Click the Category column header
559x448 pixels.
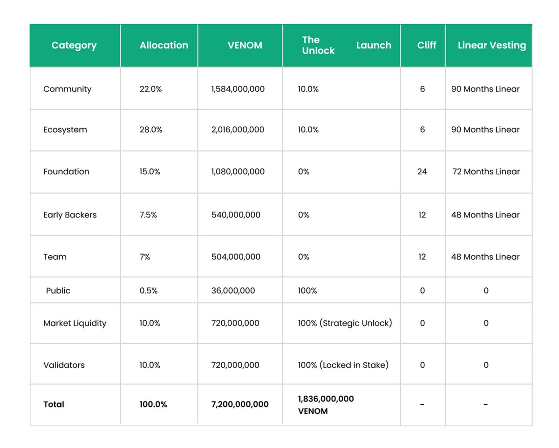pyautogui.click(x=74, y=46)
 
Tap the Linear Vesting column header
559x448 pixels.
pyautogui.click(x=491, y=46)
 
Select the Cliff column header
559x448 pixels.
pyautogui.click(x=427, y=46)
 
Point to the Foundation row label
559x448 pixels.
pyautogui.click(x=66, y=171)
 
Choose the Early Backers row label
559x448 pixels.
pyautogui.click(x=70, y=215)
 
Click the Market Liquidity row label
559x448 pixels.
pyautogui.click(x=75, y=323)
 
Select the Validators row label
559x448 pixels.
pyautogui.click(x=64, y=365)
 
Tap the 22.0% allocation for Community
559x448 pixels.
pyautogui.click(x=150, y=89)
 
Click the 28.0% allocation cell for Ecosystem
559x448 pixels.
pyautogui.click(x=150, y=129)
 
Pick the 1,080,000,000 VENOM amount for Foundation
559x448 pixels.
pyautogui.click(x=238, y=171)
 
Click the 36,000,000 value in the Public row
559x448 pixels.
pyautogui.click(x=233, y=291)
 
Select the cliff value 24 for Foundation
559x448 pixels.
pyautogui.click(x=422, y=171)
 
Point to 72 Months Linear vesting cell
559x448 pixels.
pyautogui.click(x=486, y=171)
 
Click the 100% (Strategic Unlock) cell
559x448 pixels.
pyautogui.click(x=345, y=323)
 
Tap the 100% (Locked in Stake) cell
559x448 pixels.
pyautogui.click(x=343, y=365)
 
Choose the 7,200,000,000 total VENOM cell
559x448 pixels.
pyautogui.click(x=239, y=404)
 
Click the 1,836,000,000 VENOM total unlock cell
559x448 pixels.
pyautogui.click(x=326, y=405)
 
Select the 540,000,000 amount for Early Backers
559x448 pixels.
pyautogui.click(x=236, y=215)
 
